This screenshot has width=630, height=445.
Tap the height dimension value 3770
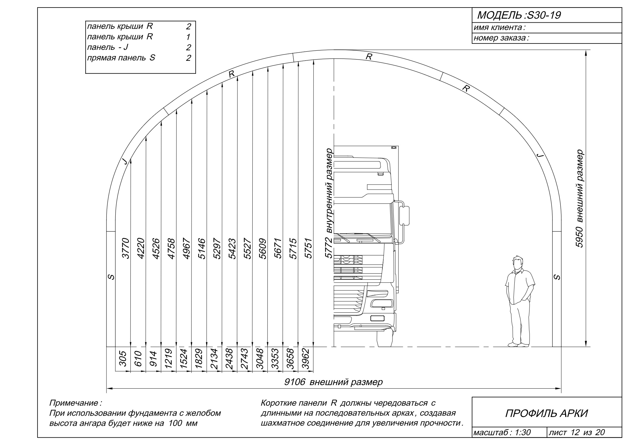coord(126,248)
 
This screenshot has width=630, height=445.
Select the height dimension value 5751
coord(309,248)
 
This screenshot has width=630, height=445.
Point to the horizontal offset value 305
coord(123,359)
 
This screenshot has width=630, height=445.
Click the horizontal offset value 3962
coord(306,359)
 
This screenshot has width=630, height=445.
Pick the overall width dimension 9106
coord(295,382)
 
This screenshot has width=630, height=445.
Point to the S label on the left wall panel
coord(111,277)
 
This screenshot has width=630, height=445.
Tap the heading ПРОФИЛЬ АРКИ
coord(547,414)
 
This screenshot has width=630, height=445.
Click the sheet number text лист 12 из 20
coord(577,432)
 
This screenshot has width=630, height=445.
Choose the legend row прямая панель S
coord(139,58)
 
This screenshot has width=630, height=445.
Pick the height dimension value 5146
coord(202,248)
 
